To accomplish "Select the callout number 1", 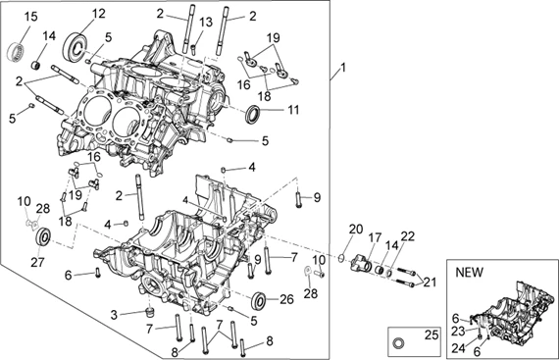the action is point(343,68).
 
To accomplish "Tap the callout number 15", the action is point(30,17).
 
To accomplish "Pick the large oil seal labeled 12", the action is point(75,46).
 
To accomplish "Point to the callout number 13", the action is point(206,23).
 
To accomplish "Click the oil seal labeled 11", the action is point(253,114).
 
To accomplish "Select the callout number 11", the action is point(293,110).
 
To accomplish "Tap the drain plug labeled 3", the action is point(150,312).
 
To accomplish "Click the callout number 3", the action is point(114,315).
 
